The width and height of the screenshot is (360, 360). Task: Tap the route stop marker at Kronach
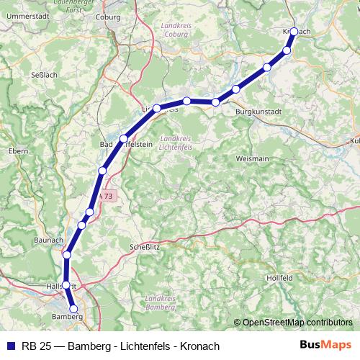tap(294, 32)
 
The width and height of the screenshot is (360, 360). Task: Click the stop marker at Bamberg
tap(73, 309)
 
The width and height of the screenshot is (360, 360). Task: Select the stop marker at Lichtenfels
tap(156, 108)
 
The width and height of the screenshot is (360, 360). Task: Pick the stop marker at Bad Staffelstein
tap(124, 138)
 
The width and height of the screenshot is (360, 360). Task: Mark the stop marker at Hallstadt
tap(66, 285)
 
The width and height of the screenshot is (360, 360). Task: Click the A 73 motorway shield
tap(106, 195)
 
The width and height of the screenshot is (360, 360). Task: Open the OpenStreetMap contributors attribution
tap(297, 323)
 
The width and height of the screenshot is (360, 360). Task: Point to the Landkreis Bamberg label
tap(161, 303)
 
